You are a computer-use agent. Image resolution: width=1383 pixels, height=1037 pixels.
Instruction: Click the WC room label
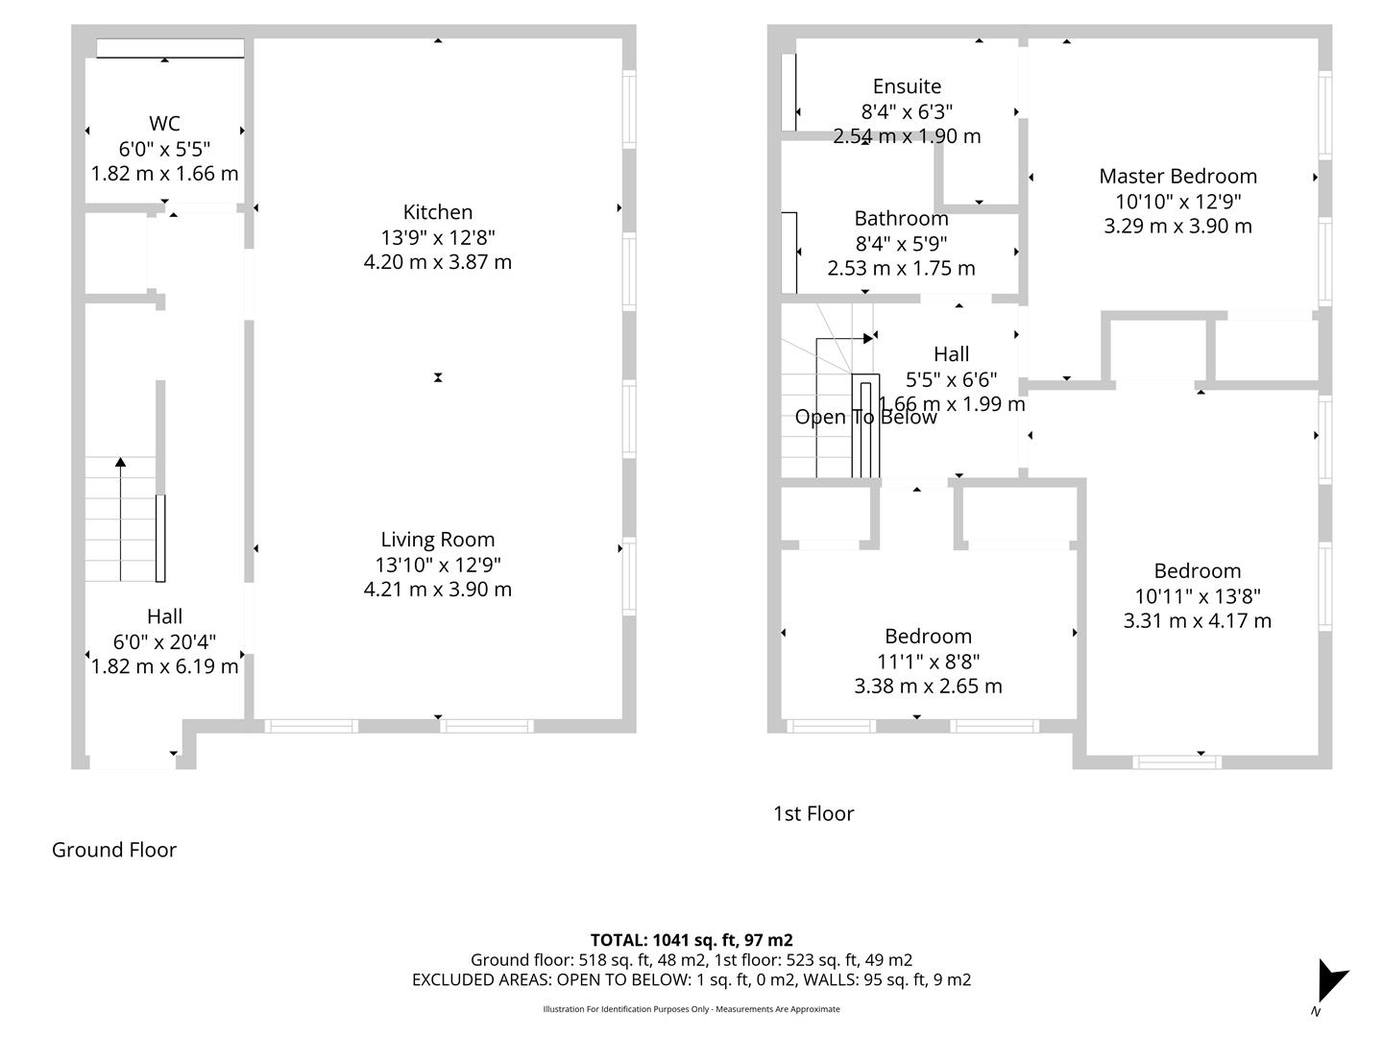pos(164,123)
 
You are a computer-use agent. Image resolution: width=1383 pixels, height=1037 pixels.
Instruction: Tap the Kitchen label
pos(437,211)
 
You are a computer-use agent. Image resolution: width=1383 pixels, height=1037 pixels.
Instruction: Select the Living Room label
pos(437,540)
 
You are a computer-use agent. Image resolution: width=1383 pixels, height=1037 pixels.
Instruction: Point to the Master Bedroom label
pos(1177,177)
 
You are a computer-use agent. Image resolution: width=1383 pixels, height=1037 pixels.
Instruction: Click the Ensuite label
pos(907,86)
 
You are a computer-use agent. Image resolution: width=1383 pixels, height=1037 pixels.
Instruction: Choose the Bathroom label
pos(901,219)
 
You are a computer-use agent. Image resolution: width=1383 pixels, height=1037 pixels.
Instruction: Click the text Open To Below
pos(865,417)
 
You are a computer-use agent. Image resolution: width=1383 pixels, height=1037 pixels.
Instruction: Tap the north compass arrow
pos(1330,980)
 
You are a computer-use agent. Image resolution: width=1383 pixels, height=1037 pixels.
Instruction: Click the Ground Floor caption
pos(114,850)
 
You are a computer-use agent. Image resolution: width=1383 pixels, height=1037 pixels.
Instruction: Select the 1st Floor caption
pos(813,813)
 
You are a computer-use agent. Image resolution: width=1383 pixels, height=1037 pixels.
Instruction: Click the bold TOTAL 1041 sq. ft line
pos(691,940)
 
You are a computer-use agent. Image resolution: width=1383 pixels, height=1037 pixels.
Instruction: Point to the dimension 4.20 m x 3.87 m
pos(437,262)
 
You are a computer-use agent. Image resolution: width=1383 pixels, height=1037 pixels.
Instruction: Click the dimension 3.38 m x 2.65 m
pos(928,686)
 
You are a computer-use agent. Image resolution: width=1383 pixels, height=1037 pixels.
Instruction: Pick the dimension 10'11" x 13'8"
pos(1197,595)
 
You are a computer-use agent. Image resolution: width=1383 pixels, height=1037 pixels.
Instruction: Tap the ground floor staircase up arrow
pos(120,519)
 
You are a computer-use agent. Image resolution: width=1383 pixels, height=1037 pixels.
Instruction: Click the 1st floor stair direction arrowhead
pos(868,339)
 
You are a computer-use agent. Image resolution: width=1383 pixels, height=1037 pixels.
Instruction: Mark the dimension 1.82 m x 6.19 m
pos(164,666)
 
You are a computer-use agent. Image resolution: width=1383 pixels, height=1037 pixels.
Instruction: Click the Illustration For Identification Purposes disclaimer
pos(691,1009)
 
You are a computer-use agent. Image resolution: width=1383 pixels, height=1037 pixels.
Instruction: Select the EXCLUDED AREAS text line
pos(691,979)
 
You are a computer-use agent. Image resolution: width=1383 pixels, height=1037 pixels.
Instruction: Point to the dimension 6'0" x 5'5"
pos(164,149)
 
